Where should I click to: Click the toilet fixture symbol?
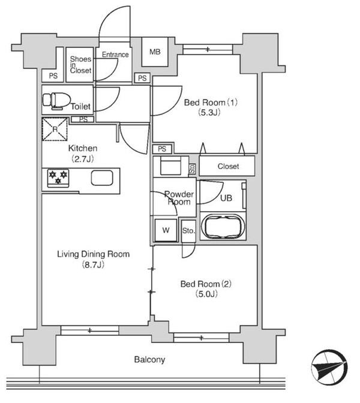[57, 101]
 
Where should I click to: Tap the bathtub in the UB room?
[223, 227]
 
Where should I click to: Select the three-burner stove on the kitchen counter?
[58, 178]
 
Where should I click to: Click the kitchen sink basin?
[102, 178]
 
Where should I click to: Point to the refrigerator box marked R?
[55, 129]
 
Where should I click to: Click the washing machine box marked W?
[166, 230]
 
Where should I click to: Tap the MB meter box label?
[155, 52]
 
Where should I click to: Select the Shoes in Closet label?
[81, 65]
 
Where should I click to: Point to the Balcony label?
[149, 360]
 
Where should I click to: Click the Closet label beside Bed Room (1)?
[229, 166]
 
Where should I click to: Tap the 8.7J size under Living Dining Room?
[93, 264]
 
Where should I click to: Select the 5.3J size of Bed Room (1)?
[209, 113]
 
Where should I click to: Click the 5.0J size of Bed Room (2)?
[206, 293]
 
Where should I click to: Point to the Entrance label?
[115, 55]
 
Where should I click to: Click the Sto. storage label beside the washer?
[188, 231]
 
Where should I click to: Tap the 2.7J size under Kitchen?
[83, 160]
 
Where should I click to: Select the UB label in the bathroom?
[226, 198]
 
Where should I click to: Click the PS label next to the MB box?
[142, 78]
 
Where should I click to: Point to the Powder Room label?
[179, 198]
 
